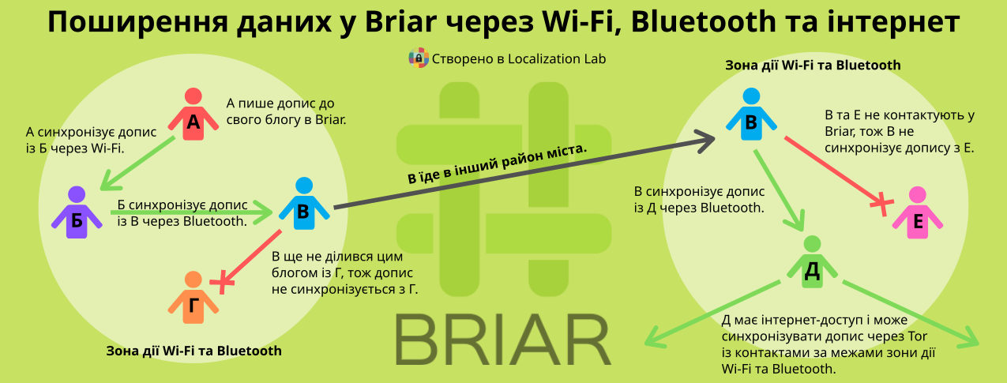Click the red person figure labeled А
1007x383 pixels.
coord(194,115)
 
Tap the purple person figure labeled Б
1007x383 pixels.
coord(77,213)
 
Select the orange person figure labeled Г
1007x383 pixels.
coord(194,298)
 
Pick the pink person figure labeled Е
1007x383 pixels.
coord(917,213)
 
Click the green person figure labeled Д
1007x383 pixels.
coord(812,262)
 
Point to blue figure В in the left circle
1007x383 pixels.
coord(304,204)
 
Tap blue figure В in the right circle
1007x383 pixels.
coord(751,115)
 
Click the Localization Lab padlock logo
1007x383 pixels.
coord(419,58)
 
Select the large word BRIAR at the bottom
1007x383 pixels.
coord(504,340)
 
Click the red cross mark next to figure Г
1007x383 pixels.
coord(222,282)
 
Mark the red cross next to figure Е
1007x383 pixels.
coord(882,205)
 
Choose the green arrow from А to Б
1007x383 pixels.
coord(137,163)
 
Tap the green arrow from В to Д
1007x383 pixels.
coord(779,190)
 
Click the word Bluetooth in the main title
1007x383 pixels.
coord(704,21)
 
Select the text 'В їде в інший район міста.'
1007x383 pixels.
coord(498,164)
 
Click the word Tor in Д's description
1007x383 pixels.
coord(918,336)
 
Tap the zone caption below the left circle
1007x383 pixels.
coord(194,351)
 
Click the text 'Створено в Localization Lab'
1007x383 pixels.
coord(519,59)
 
